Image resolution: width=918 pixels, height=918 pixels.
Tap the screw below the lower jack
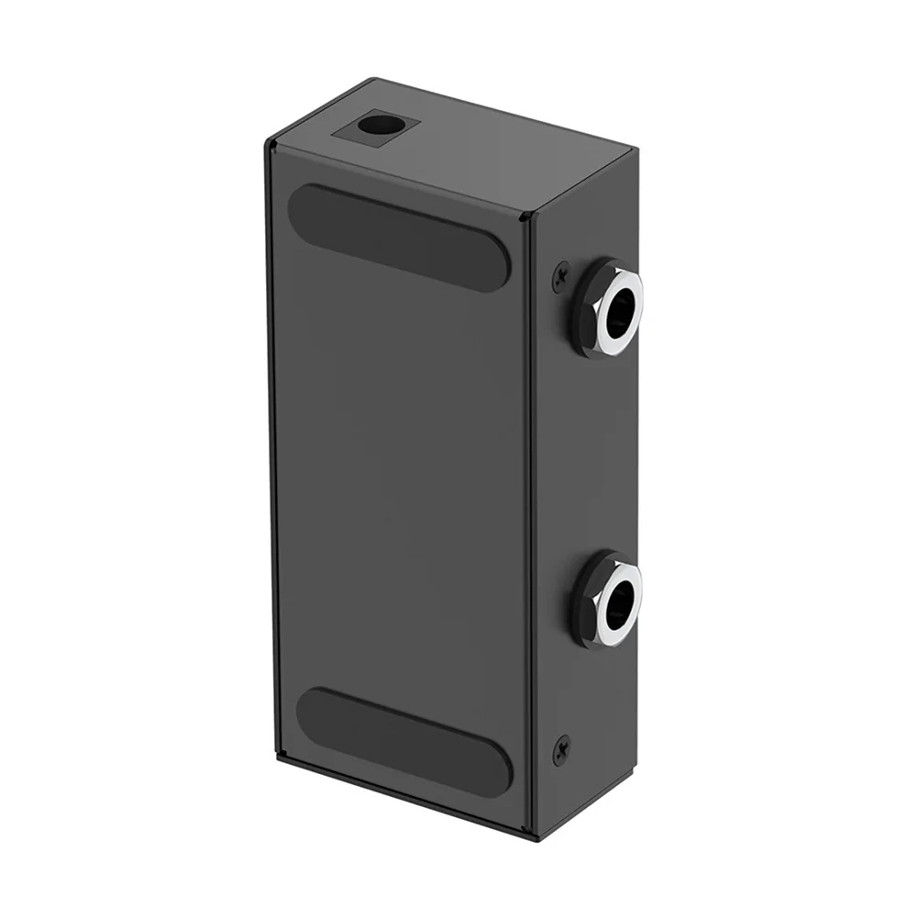click(x=561, y=749)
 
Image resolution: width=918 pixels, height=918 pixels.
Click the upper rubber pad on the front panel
click(x=398, y=237)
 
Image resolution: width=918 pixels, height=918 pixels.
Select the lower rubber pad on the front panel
click(x=404, y=738)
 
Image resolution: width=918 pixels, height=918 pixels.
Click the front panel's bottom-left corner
click(x=281, y=760)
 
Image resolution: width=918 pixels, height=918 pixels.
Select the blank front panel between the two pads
click(x=399, y=477)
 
